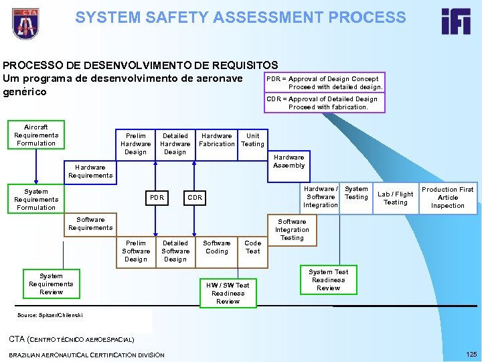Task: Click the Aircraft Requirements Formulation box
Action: (x=36, y=135)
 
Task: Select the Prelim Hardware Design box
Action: (x=135, y=143)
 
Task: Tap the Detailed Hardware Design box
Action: (x=175, y=143)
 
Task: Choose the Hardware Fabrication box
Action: (x=217, y=139)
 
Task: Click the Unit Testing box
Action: (x=253, y=139)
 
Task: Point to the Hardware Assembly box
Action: (x=289, y=162)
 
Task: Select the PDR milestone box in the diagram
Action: (x=157, y=198)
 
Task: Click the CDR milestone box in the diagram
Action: (x=195, y=198)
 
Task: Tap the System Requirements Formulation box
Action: (x=36, y=199)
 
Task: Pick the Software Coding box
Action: (x=217, y=247)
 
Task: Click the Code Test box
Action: (x=253, y=247)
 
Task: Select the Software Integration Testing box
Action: (x=292, y=229)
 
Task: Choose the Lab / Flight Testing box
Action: (x=396, y=198)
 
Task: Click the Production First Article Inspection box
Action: (x=448, y=198)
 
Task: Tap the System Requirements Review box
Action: (x=51, y=284)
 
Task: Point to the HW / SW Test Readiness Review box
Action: (x=228, y=293)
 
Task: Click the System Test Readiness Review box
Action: (x=328, y=280)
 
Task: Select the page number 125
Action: (x=470, y=353)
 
